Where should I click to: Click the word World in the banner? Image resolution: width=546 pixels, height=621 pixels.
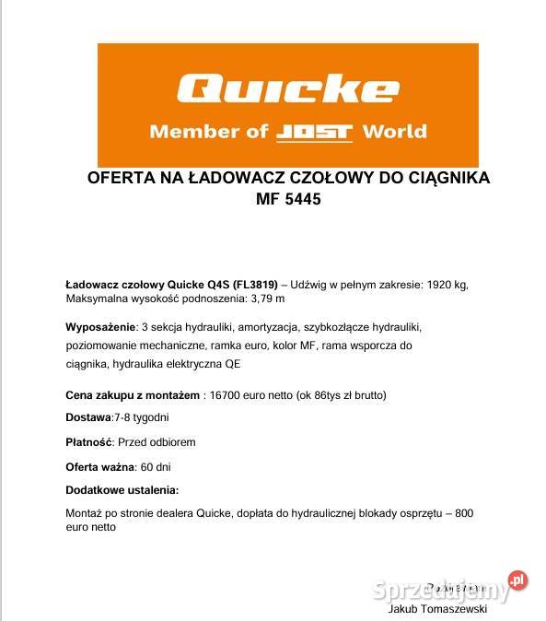[395, 131]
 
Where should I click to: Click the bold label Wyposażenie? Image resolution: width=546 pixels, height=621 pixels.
[99, 328]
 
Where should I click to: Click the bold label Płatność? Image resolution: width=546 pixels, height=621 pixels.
[89, 441]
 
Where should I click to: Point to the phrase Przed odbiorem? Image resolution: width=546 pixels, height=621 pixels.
[157, 441]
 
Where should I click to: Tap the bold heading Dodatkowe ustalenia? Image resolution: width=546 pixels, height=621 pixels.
[122, 489]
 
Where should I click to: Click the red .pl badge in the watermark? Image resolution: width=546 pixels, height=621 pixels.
[517, 580]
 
